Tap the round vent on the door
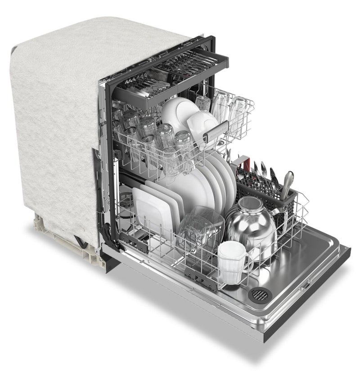pos(260,294)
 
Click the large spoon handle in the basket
pos(287,180)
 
